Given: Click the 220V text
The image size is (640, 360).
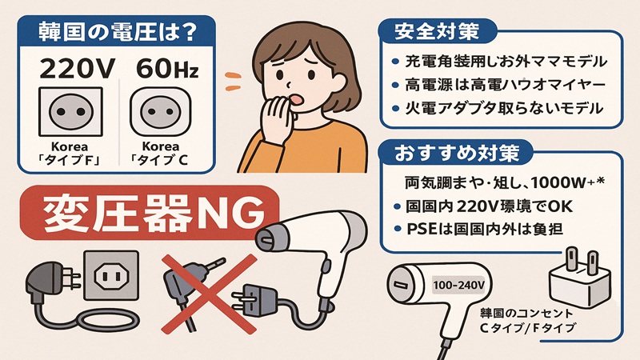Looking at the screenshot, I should [x=69, y=69].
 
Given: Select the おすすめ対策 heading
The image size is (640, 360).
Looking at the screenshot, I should [x=446, y=150].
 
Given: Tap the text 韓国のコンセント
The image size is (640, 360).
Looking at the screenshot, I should [x=523, y=311].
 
